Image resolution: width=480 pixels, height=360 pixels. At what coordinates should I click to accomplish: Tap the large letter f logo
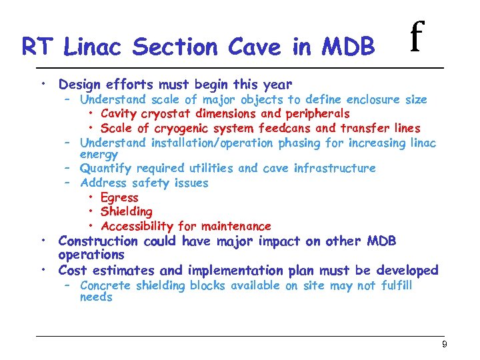click(417, 38)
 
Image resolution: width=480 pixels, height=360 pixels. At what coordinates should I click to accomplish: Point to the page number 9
click(444, 344)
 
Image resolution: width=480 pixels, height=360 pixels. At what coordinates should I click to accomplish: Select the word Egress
click(119, 197)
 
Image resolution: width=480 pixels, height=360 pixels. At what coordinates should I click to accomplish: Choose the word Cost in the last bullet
click(72, 270)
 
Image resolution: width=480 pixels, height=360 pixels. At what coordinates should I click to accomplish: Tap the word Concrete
click(105, 286)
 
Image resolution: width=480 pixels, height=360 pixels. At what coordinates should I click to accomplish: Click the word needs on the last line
click(96, 297)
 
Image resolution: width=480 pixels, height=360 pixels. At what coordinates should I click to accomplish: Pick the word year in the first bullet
click(277, 85)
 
